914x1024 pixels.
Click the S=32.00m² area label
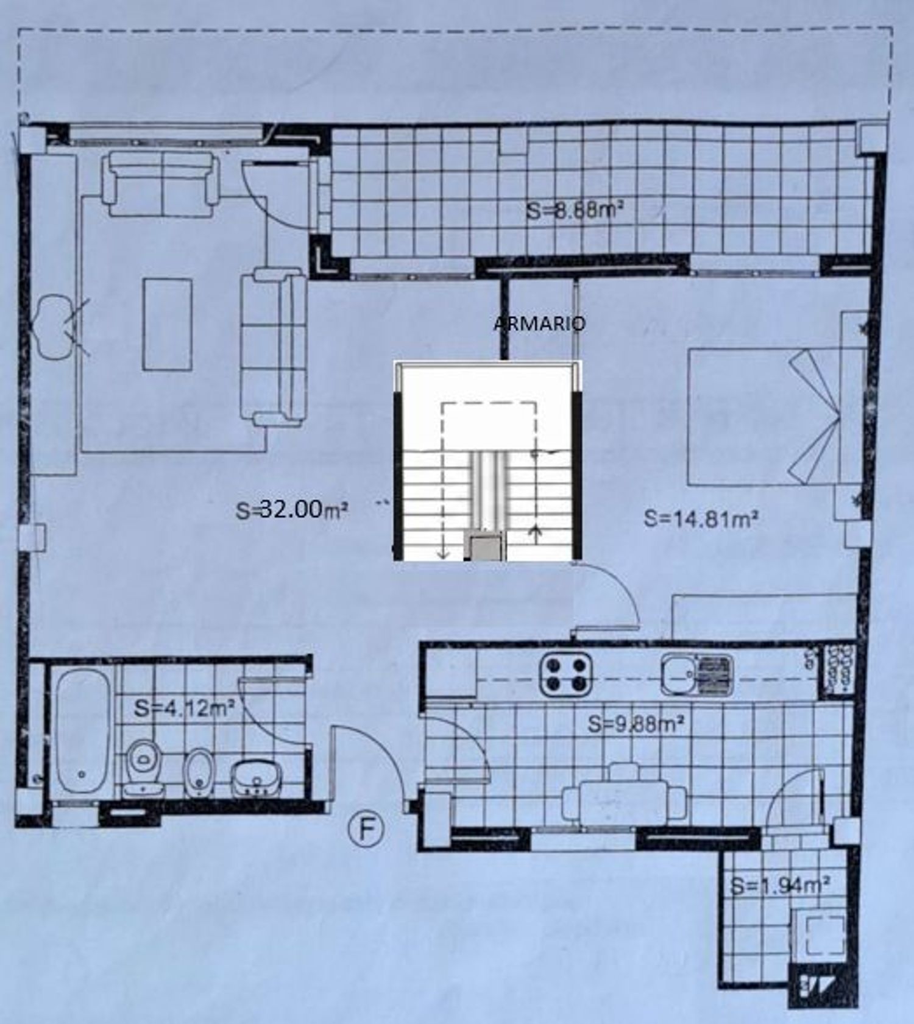(x=292, y=510)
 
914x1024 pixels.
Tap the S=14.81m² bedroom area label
(x=701, y=519)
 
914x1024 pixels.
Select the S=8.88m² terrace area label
(x=575, y=211)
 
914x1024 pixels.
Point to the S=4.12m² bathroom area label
(x=185, y=708)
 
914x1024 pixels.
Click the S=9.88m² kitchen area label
(x=636, y=724)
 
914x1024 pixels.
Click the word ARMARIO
(x=539, y=323)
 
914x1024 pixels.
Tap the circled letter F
(x=366, y=830)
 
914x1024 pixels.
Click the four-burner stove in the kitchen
(x=566, y=674)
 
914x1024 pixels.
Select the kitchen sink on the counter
(x=697, y=674)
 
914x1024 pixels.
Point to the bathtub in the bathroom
(x=83, y=731)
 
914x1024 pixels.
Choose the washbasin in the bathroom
(x=257, y=779)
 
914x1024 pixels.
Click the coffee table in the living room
(x=168, y=324)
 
